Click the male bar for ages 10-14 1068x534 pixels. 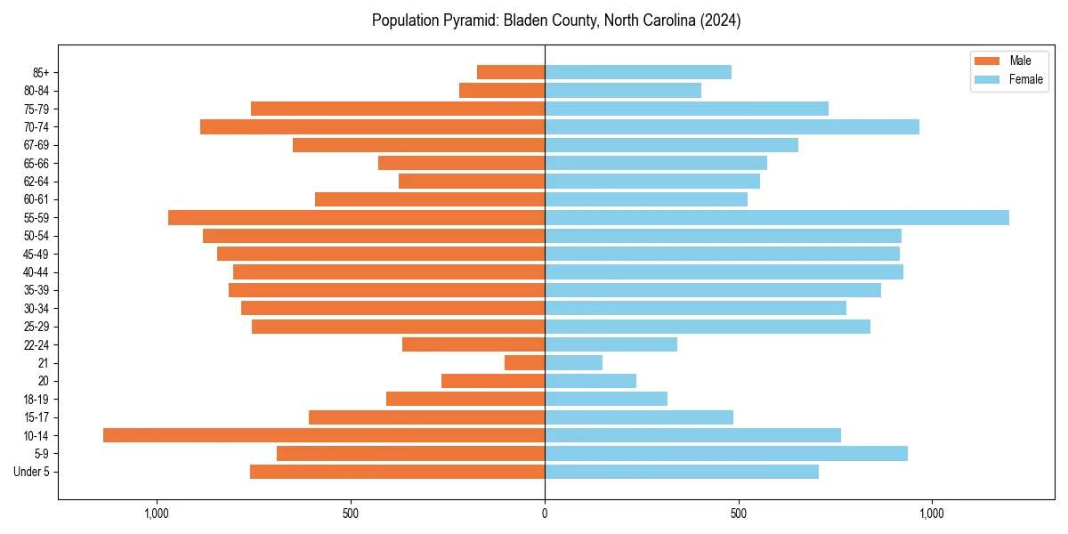click(324, 435)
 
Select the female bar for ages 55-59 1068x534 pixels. click(776, 217)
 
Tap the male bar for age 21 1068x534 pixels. click(524, 363)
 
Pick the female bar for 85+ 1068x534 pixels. click(637, 72)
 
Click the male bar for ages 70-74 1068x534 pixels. click(372, 126)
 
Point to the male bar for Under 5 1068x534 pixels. click(397, 472)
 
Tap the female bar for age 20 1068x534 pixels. click(590, 381)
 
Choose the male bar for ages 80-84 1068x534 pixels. click(502, 90)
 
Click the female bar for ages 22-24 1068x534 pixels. click(611, 344)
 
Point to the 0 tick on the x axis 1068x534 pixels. click(545, 514)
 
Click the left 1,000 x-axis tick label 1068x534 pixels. click(157, 514)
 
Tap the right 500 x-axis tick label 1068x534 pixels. click(738, 514)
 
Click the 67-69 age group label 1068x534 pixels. click(36, 145)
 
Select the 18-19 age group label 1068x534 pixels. click(36, 399)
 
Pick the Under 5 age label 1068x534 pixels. click(32, 472)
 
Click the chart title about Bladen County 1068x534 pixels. click(556, 20)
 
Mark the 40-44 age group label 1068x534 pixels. click(36, 272)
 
